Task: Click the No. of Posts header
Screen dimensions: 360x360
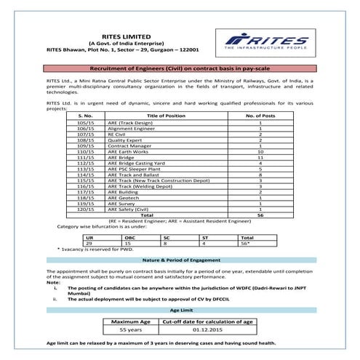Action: (260, 116)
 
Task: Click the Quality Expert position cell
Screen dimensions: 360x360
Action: (127, 140)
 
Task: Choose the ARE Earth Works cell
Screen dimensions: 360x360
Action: (130, 152)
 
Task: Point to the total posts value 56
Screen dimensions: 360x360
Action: (260, 215)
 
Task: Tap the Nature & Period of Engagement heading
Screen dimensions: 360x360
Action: (180, 260)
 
